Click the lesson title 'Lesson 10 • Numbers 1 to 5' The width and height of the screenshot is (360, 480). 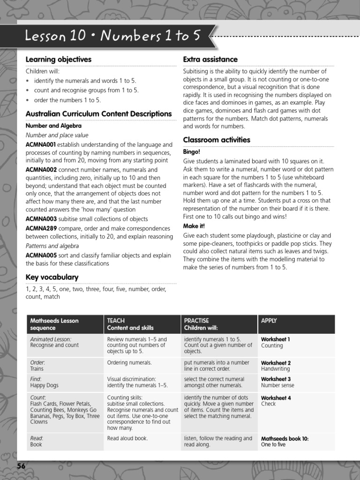(x=112, y=36)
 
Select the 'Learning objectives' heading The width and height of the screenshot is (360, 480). (x=58, y=60)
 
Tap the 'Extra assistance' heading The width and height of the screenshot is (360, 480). (x=210, y=60)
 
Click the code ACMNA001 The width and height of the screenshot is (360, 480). (x=41, y=145)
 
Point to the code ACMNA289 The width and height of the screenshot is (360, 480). (x=41, y=228)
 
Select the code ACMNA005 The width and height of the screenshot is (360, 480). (x=41, y=255)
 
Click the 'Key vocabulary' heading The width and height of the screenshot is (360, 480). (x=52, y=277)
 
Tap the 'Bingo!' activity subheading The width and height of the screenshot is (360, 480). (x=191, y=152)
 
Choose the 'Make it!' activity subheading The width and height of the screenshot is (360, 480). (x=194, y=226)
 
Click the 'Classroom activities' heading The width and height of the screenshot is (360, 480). (x=217, y=140)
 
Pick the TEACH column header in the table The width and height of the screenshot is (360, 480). (x=116, y=321)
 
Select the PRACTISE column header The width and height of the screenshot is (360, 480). (x=196, y=321)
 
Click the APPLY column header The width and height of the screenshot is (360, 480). (x=269, y=321)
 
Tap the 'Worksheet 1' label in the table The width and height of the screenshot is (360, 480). (x=275, y=339)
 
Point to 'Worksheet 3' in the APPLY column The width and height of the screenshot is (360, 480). (x=276, y=379)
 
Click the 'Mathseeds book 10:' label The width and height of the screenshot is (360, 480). (x=285, y=439)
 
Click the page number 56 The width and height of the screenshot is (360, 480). (x=22, y=466)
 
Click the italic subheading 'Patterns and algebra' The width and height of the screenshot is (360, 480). (x=52, y=246)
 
